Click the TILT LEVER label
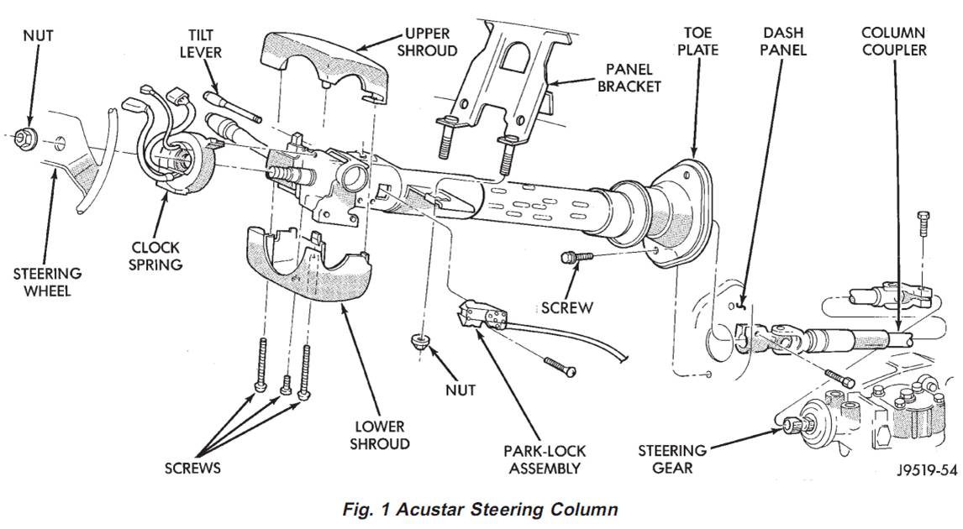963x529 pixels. pyautogui.click(x=200, y=42)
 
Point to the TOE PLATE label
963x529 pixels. pyautogui.click(x=697, y=41)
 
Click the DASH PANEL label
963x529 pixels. pyautogui.click(x=784, y=41)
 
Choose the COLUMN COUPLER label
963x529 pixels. pyautogui.click(x=893, y=41)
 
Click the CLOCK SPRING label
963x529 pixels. pyautogui.click(x=156, y=256)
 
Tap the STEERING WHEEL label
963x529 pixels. pyautogui.click(x=47, y=282)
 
